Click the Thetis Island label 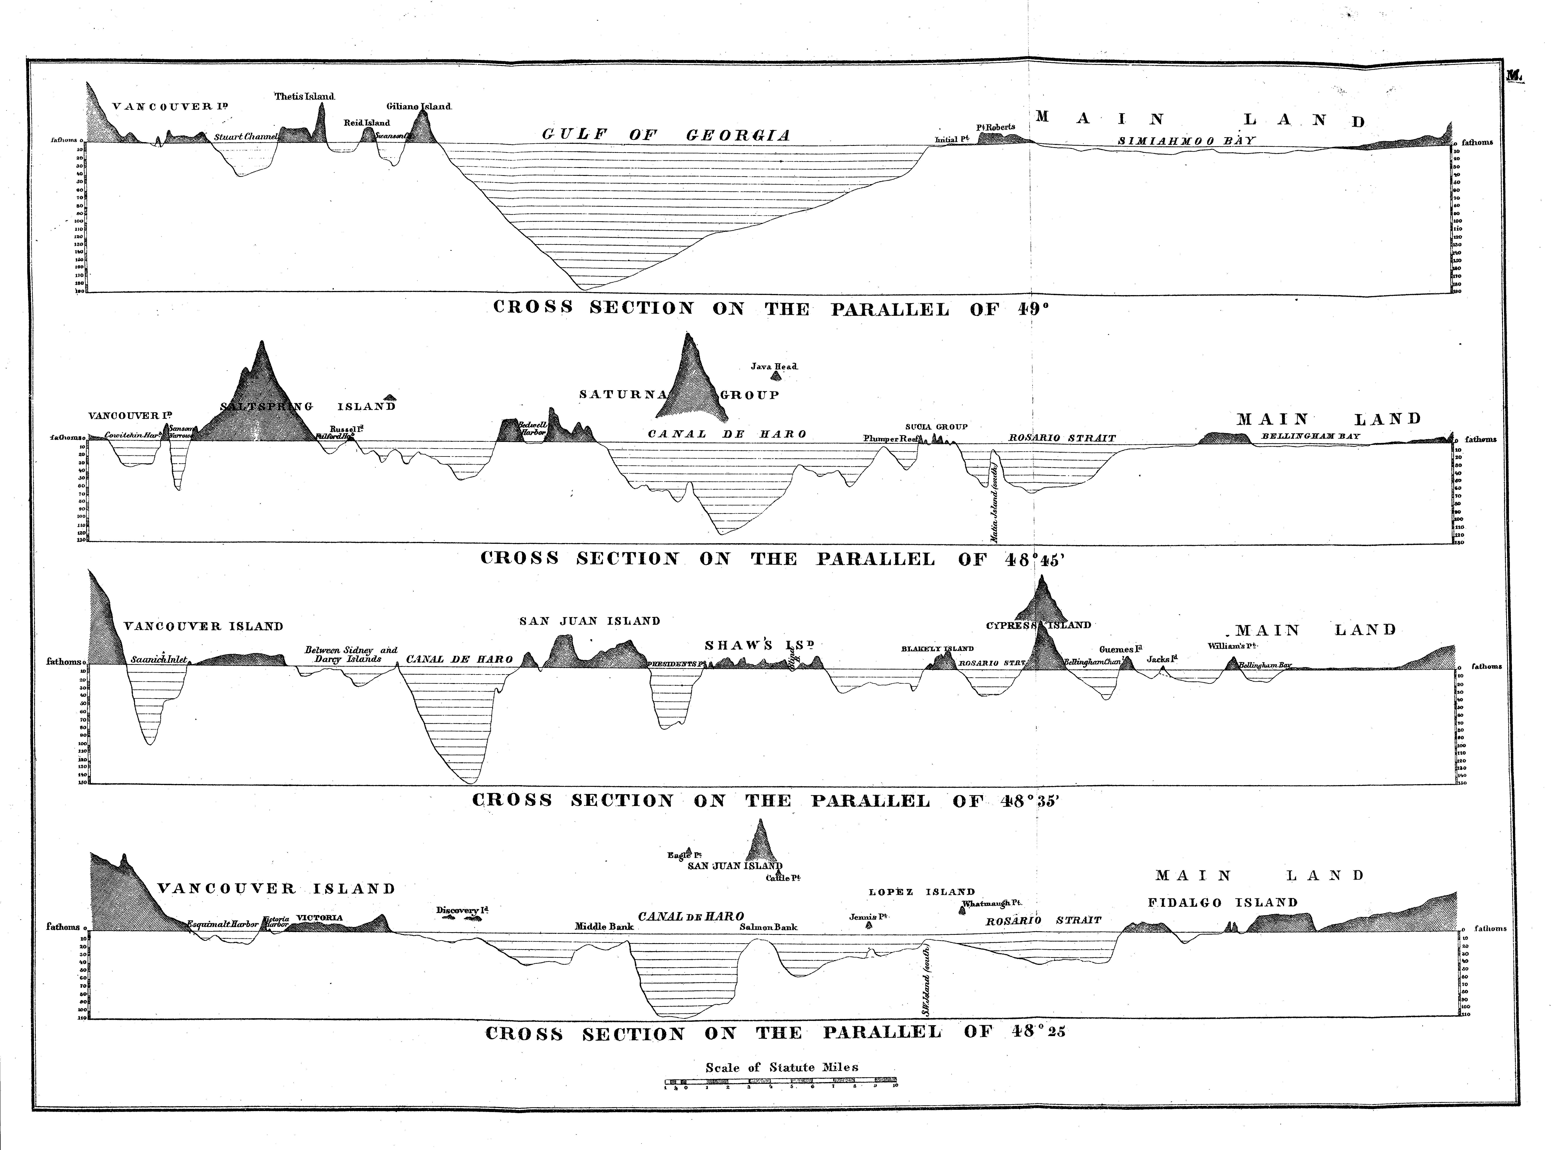304,96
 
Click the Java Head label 774,366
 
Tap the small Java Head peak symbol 776,376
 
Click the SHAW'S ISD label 758,645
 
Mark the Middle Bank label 604,927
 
